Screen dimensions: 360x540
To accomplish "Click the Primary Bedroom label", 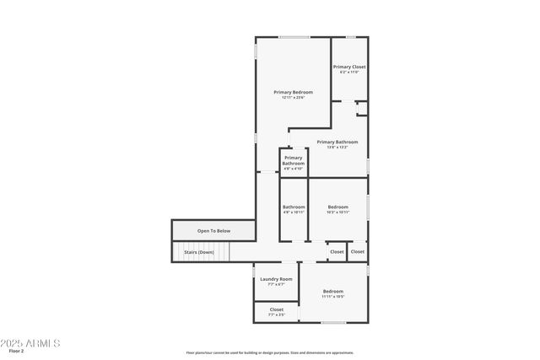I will tap(293, 92).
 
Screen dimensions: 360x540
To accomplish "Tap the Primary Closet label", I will tap(348, 67).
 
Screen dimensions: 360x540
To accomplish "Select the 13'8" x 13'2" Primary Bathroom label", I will tap(337, 142).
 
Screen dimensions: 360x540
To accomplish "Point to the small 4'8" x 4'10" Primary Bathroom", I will tap(293, 161).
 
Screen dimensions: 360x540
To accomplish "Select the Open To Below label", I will tap(213, 230).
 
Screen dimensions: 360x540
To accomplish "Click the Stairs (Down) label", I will tap(199, 252).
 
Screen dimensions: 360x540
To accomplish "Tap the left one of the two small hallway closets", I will tap(337, 251).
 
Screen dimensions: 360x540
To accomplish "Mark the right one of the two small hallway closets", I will tap(358, 251).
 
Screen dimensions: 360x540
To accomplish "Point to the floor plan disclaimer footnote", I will tap(269, 352).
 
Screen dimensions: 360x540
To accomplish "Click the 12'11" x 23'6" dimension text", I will tap(293, 98).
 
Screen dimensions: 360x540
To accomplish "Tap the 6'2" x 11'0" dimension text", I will tap(348, 73).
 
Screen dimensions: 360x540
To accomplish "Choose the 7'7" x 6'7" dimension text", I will tap(276, 285).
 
